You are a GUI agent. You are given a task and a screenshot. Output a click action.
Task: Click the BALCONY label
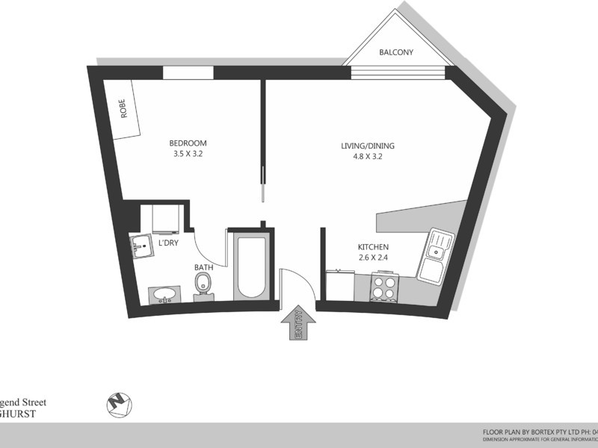pos(396,52)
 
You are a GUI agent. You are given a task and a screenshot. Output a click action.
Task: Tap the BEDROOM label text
pos(188,143)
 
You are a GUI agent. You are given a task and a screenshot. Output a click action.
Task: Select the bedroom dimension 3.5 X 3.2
pos(188,155)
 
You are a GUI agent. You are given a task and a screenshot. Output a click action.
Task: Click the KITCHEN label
pos(373,247)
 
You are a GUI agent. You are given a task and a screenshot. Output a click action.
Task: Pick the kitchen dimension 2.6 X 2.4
pos(373,258)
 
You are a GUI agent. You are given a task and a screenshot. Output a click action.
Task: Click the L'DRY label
pos(167,243)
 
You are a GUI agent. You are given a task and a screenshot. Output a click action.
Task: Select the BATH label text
pos(203,267)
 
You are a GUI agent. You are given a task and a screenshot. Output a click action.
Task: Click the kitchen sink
pos(436,256)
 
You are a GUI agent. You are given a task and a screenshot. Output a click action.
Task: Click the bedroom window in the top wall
pos(188,73)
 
